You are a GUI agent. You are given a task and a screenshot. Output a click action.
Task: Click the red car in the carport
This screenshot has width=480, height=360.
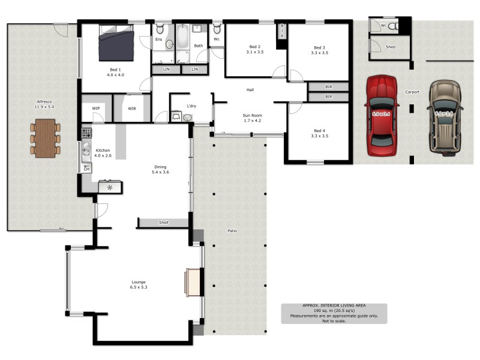(x=382, y=112)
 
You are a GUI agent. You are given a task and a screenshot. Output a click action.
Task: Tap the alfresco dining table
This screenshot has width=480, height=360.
(x=46, y=138)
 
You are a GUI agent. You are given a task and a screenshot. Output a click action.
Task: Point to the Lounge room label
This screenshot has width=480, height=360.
(x=139, y=284)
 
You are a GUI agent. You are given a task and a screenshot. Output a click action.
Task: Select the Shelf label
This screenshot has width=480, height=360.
(x=164, y=223)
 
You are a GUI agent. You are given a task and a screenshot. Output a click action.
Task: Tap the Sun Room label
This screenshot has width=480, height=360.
(x=252, y=118)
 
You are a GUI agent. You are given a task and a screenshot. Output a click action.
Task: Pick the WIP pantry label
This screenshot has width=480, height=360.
(x=96, y=108)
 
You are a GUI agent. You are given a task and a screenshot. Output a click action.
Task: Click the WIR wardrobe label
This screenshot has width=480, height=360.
(x=133, y=108)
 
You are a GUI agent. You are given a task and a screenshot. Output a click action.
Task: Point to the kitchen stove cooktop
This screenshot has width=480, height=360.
(x=86, y=133)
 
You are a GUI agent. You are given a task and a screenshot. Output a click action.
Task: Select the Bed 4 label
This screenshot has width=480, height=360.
(x=319, y=133)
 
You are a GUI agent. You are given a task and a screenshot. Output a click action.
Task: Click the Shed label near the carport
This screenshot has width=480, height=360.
(x=391, y=47)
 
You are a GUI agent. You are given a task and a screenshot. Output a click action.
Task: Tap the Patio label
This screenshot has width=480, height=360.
(x=232, y=230)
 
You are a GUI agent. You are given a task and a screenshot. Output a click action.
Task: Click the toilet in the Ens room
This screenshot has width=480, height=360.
(x=160, y=29)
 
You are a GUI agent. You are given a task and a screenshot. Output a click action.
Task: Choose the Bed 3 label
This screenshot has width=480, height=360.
(x=319, y=50)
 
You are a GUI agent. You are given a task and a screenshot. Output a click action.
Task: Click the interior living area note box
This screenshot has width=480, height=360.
(x=334, y=313)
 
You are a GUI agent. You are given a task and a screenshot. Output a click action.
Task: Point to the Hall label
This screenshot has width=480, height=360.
(x=250, y=90)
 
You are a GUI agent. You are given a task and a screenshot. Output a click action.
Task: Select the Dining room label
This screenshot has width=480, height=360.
(x=160, y=170)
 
